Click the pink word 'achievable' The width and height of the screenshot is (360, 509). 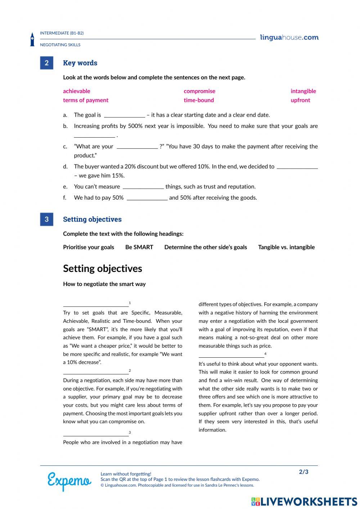(76, 91)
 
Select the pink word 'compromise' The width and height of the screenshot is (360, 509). (199, 91)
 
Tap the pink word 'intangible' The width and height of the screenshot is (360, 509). (303, 91)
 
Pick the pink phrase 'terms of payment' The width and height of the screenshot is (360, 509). (85, 100)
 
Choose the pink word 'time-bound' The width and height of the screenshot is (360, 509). (199, 100)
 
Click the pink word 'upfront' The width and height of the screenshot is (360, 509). (300, 100)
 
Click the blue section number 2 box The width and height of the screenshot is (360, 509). (46, 63)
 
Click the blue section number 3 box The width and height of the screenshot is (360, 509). (46, 219)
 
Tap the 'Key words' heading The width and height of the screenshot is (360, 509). (80, 63)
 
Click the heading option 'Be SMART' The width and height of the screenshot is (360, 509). (139, 247)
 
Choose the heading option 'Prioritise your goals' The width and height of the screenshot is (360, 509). (88, 247)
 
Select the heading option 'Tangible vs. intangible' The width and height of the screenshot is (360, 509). (286, 247)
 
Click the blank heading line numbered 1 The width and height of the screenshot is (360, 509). (95, 305)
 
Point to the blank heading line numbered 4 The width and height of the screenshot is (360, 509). (231, 356)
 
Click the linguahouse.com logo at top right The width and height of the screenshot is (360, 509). (289, 37)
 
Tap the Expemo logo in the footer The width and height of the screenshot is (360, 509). (69, 481)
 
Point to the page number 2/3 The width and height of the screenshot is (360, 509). (303, 472)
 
